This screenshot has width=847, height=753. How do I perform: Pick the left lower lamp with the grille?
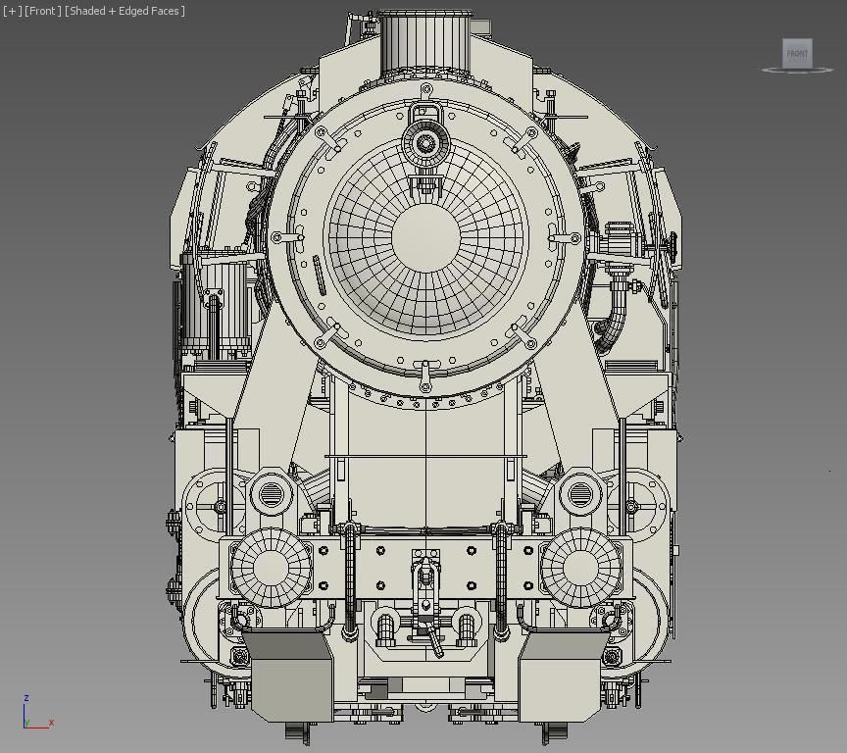270,494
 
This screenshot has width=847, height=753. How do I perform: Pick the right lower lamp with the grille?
580,494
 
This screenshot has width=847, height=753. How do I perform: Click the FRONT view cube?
797,53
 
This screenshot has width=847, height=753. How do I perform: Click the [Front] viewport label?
42,11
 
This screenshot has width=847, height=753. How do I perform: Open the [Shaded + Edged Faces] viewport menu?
125,11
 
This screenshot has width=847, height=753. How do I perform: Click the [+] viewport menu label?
12,11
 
